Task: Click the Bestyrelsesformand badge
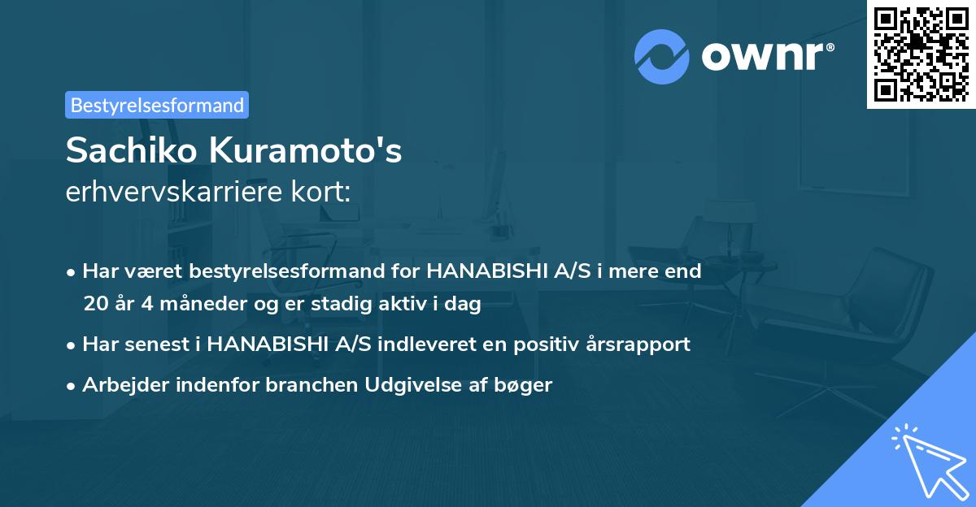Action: (157, 105)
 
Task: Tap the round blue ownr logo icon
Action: (662, 56)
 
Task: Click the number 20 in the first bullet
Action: (94, 305)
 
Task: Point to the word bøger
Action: (528, 384)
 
